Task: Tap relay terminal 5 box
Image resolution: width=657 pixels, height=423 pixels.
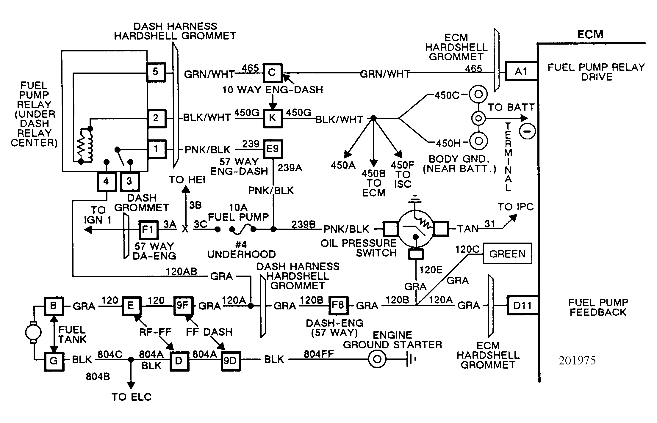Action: (x=156, y=72)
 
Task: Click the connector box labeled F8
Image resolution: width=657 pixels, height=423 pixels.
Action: (x=338, y=305)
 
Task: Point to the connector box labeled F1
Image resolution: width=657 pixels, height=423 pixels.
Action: (x=148, y=229)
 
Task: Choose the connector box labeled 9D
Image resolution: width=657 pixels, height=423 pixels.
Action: (x=231, y=361)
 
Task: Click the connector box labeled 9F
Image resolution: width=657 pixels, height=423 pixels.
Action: (x=183, y=306)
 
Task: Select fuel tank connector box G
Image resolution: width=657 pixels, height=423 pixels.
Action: (x=54, y=361)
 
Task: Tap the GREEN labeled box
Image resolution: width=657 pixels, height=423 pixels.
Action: (x=507, y=254)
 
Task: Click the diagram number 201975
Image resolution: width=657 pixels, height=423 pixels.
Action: (x=577, y=361)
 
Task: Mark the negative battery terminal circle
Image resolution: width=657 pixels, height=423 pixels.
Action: (x=527, y=131)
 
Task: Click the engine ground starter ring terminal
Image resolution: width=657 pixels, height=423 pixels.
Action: (x=377, y=359)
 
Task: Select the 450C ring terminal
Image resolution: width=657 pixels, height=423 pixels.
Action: (x=478, y=95)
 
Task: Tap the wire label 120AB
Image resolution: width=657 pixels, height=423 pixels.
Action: (x=182, y=272)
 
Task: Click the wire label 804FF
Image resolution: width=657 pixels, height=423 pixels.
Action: (x=319, y=354)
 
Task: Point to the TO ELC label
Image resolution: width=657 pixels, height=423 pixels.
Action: (x=132, y=397)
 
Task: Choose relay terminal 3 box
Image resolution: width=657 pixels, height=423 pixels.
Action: (x=129, y=181)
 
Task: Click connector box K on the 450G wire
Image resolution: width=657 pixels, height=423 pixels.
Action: (x=273, y=117)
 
